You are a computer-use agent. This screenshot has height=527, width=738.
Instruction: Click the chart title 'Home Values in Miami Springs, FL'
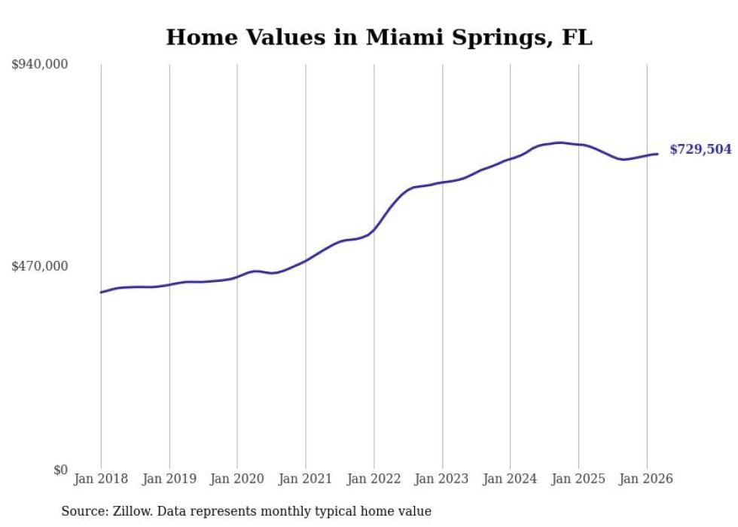click(379, 37)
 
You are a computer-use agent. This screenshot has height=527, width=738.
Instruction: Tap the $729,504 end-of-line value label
click(700, 149)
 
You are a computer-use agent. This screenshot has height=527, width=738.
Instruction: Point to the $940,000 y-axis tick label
click(40, 65)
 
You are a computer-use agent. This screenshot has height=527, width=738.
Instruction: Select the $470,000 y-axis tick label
click(40, 266)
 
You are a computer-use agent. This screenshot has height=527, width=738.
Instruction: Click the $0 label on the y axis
click(60, 470)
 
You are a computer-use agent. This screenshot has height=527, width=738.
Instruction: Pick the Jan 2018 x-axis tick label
click(101, 479)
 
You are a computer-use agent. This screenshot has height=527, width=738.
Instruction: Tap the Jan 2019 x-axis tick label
click(169, 479)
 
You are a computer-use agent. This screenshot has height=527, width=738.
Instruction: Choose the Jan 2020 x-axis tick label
click(237, 479)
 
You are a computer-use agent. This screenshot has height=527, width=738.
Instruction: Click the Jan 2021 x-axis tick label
click(306, 479)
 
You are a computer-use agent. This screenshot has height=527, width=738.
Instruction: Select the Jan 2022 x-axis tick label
click(374, 479)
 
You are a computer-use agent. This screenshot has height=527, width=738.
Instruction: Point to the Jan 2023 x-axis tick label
click(442, 479)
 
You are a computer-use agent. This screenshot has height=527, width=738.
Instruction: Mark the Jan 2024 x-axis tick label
click(510, 479)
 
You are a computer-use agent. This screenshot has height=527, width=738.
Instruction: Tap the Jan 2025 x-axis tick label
click(578, 479)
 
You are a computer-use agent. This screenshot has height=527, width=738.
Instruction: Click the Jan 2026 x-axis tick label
click(646, 479)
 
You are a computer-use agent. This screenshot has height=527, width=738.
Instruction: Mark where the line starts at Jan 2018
click(101, 292)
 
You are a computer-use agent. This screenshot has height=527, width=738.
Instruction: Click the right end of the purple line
click(657, 154)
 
